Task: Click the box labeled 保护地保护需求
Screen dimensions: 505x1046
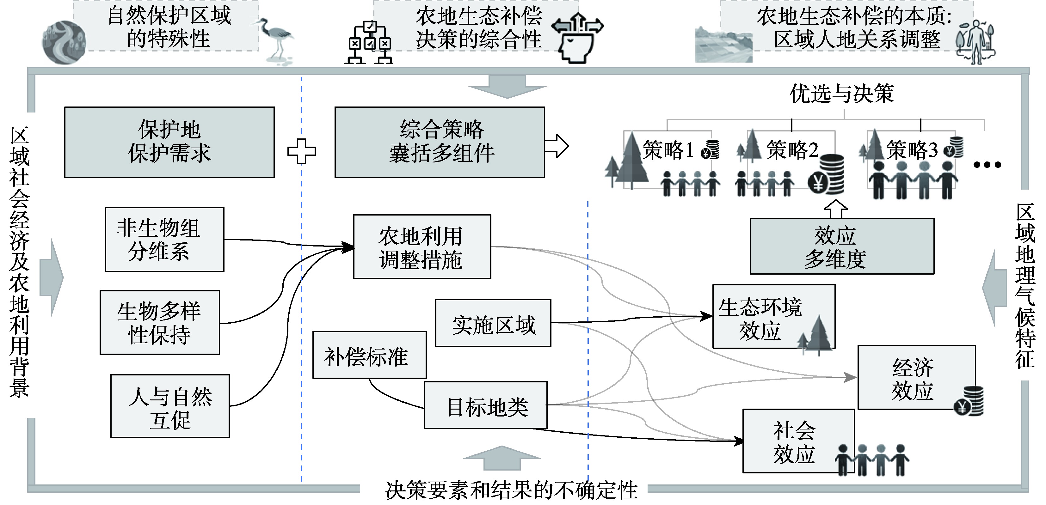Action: tap(169, 142)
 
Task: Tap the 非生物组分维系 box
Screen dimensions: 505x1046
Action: tap(164, 240)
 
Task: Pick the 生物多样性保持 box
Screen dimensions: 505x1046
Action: tap(160, 322)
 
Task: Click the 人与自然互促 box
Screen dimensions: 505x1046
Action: tap(170, 406)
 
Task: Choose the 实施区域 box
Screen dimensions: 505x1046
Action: tap(493, 323)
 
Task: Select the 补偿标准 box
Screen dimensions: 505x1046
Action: tap(369, 355)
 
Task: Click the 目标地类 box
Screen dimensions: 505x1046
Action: tap(486, 405)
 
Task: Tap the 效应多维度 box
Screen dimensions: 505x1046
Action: tap(842, 246)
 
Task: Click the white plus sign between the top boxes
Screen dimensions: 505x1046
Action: tap(301, 151)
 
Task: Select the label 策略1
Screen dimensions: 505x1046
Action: tap(668, 150)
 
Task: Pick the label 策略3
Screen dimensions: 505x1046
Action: tap(912, 150)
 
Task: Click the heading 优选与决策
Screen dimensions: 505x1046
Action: tap(841, 93)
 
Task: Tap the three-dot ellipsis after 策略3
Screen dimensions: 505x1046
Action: tap(987, 164)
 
